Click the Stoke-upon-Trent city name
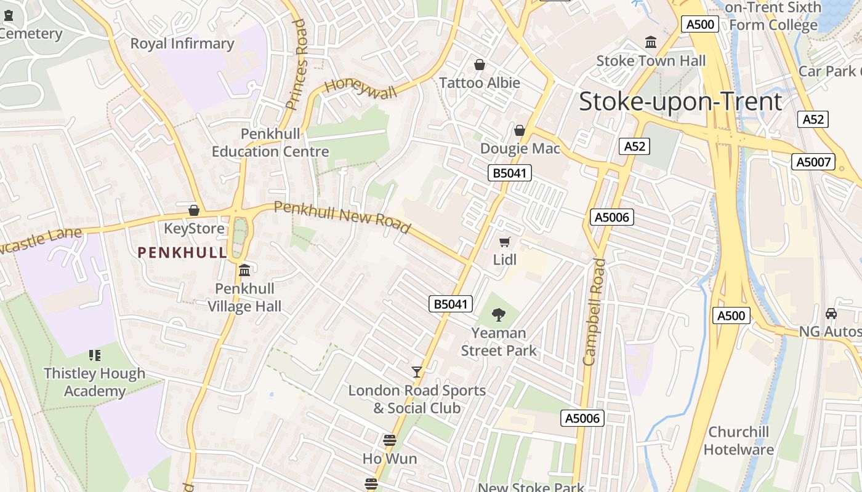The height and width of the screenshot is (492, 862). pyautogui.click(x=680, y=101)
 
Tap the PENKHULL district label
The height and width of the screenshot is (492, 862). pyautogui.click(x=182, y=252)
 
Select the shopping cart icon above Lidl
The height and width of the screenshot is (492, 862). pyautogui.click(x=505, y=242)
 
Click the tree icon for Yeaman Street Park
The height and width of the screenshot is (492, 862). pyautogui.click(x=499, y=315)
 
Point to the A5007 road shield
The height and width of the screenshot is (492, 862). pyautogui.click(x=813, y=162)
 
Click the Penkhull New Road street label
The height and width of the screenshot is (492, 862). pyautogui.click(x=342, y=217)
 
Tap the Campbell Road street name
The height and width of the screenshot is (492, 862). pyautogui.click(x=594, y=312)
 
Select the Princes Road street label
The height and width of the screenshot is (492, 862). pyautogui.click(x=296, y=64)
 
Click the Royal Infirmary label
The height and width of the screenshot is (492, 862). pyautogui.click(x=182, y=44)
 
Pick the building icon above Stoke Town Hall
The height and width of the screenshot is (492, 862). pyautogui.click(x=651, y=42)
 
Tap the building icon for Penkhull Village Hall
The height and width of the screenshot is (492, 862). pyautogui.click(x=244, y=271)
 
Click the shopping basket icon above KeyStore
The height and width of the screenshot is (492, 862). pyautogui.click(x=194, y=210)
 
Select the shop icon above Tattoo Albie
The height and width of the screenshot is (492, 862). pyautogui.click(x=480, y=65)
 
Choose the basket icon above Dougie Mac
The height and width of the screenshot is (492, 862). pyautogui.click(x=520, y=130)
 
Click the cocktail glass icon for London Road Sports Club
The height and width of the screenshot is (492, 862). pyautogui.click(x=417, y=372)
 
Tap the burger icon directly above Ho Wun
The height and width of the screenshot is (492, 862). pyautogui.click(x=389, y=440)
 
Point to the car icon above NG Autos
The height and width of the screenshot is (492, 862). pyautogui.click(x=831, y=314)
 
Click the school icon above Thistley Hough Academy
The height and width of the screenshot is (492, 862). pyautogui.click(x=94, y=355)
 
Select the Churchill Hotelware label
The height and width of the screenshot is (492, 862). pyautogui.click(x=738, y=440)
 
